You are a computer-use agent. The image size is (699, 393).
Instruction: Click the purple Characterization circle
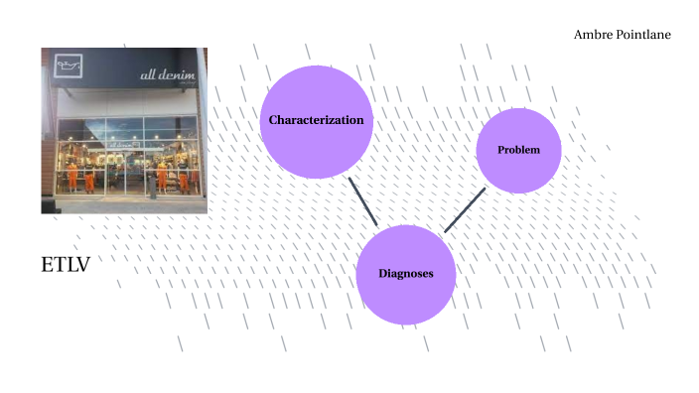[x=317, y=121]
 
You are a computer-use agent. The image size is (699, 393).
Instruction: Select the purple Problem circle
[x=518, y=151]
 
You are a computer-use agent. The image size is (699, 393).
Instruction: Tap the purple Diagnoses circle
[x=406, y=274]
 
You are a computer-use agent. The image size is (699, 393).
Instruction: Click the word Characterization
[x=317, y=120]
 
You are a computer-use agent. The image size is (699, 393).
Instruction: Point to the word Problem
[x=518, y=150]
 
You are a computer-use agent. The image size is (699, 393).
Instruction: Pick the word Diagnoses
[x=406, y=274]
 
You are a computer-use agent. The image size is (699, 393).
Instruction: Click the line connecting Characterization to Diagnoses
[x=362, y=201]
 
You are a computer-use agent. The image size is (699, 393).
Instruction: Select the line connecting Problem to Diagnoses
[x=464, y=210]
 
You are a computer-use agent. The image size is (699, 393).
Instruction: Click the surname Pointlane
[x=643, y=35]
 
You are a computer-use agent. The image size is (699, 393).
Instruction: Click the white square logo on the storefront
[x=69, y=67]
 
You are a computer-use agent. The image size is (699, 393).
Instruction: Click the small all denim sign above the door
[x=123, y=144]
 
